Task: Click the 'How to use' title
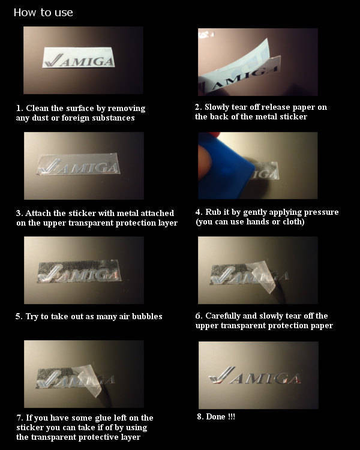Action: [x=43, y=13]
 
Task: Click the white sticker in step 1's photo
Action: [x=79, y=58]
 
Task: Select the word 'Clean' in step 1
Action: [x=37, y=108]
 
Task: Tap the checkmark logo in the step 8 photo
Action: [x=221, y=375]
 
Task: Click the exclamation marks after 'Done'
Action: [x=232, y=417]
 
